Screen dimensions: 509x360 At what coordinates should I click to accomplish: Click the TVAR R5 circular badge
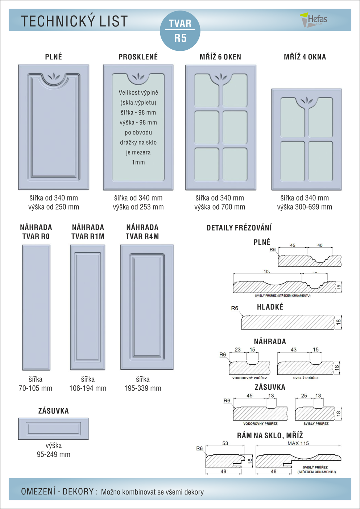click(x=180, y=30)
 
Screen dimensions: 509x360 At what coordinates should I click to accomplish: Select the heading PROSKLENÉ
click(x=138, y=57)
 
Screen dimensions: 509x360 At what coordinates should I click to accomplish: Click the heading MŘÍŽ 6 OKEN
click(x=220, y=57)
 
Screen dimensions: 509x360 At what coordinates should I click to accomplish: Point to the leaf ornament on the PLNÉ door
click(x=54, y=77)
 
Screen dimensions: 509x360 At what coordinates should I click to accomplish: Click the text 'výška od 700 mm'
click(x=220, y=207)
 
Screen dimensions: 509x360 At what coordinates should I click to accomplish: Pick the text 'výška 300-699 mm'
click(x=305, y=207)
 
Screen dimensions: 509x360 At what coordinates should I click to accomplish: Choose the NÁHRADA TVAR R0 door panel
click(x=36, y=307)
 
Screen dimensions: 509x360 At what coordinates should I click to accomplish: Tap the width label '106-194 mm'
click(x=88, y=388)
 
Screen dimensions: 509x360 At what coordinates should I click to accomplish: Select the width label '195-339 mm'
click(x=143, y=388)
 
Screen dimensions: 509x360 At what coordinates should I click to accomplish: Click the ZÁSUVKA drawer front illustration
click(x=54, y=429)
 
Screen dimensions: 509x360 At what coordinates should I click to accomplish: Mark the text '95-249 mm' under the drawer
click(x=54, y=454)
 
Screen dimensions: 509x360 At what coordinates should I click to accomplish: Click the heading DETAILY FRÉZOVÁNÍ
click(x=239, y=228)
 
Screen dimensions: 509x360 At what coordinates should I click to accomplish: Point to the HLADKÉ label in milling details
click(x=270, y=307)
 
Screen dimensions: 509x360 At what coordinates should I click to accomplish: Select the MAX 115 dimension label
click(x=298, y=443)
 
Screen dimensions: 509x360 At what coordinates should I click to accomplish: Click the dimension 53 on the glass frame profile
click(x=225, y=443)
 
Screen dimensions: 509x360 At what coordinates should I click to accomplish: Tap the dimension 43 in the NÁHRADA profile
click(x=293, y=349)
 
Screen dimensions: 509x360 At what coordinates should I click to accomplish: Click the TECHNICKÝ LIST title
click(x=74, y=21)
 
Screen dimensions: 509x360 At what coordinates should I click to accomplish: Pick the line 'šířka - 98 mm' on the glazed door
click(x=138, y=112)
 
